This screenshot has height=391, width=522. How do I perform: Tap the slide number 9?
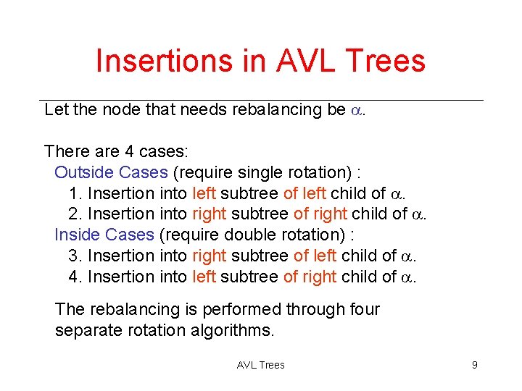pos(474,365)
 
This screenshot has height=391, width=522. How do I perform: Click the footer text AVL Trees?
pos(261,365)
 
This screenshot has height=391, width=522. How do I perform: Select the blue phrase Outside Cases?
pos(111,172)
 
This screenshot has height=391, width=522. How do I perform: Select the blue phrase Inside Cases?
pos(104,235)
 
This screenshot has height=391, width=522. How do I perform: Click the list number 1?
pos(73,193)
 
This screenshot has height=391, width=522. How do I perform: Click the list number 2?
pos(73,214)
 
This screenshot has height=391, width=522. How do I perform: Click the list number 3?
pos(73,256)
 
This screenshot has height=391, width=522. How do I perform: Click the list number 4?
pos(73,277)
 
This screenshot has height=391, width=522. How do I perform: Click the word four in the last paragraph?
pos(365,309)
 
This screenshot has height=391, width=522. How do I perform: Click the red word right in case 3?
pos(210,256)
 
